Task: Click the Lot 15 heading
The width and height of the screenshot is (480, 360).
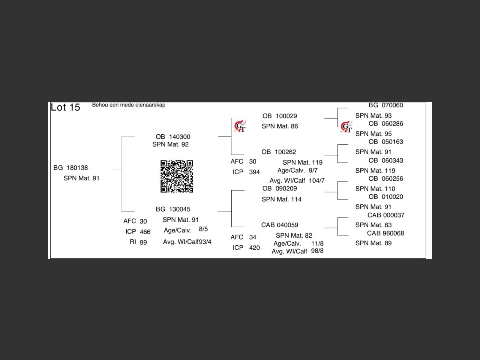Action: (66, 107)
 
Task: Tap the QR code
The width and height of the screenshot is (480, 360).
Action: (177, 176)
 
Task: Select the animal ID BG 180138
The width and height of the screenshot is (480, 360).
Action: (70, 168)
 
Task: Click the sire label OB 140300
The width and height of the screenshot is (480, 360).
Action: (173, 137)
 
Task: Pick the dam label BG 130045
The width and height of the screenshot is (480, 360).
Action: (173, 209)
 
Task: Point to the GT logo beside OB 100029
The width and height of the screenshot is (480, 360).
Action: (240, 126)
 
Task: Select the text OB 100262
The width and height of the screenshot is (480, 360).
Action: (279, 152)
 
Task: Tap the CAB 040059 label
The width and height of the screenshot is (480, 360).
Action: (280, 225)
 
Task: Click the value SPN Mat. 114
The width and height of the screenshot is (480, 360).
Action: (282, 199)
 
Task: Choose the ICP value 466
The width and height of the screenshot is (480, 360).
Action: (145, 232)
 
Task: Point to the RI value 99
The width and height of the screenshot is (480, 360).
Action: (143, 242)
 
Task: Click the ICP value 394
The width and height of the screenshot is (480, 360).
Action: (254, 172)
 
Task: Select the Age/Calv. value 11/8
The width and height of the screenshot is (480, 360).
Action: (317, 243)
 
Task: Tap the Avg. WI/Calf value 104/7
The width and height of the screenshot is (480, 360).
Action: (317, 180)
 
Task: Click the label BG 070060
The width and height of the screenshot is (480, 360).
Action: (385, 105)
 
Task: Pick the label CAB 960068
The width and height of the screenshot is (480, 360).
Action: (385, 233)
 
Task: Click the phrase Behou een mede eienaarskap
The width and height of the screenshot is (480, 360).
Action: (129, 105)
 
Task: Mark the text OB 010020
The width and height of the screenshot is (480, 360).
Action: (385, 196)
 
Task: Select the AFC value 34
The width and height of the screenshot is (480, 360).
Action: (253, 237)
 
